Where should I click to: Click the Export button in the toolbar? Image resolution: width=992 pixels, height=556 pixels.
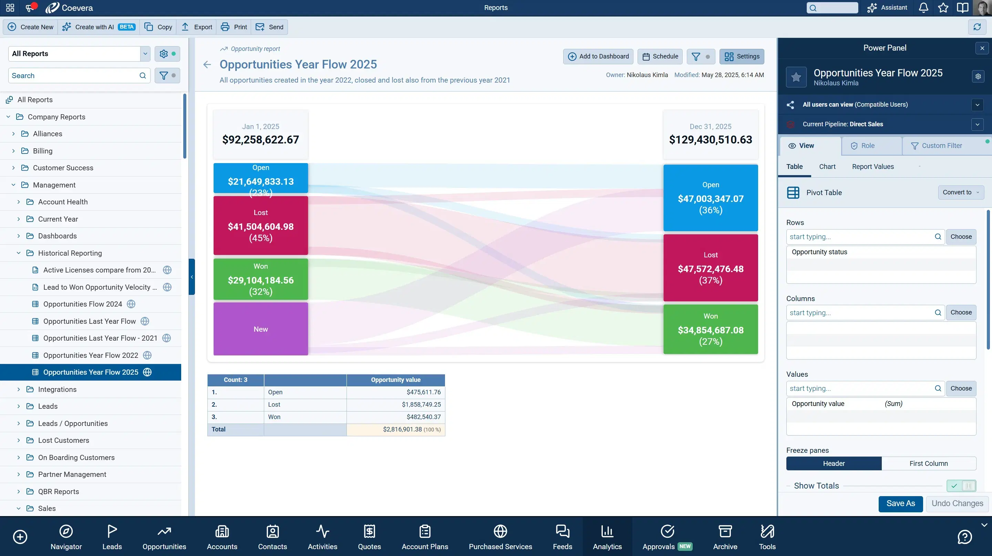[197, 27]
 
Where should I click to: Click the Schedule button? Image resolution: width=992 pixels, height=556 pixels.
[660, 56]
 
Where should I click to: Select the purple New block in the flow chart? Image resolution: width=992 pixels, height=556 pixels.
[261, 329]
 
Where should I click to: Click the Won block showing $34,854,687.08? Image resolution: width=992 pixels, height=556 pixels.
[711, 329]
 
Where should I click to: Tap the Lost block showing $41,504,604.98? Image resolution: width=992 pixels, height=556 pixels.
[261, 226]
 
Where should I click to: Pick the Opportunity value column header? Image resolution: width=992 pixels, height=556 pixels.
[395, 380]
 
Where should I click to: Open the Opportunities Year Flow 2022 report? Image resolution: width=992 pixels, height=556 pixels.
[91, 355]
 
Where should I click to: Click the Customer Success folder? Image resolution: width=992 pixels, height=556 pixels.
[63, 168]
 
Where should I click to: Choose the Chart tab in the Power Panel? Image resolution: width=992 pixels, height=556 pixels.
[827, 167]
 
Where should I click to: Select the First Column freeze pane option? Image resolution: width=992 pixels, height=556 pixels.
[929, 464]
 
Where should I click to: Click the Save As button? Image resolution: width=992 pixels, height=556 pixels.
[900, 504]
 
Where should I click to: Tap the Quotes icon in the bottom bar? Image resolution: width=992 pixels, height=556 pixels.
[369, 537]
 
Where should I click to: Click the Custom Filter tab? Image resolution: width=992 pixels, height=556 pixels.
[942, 146]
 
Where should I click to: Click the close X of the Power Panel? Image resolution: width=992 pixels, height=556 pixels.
[982, 48]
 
